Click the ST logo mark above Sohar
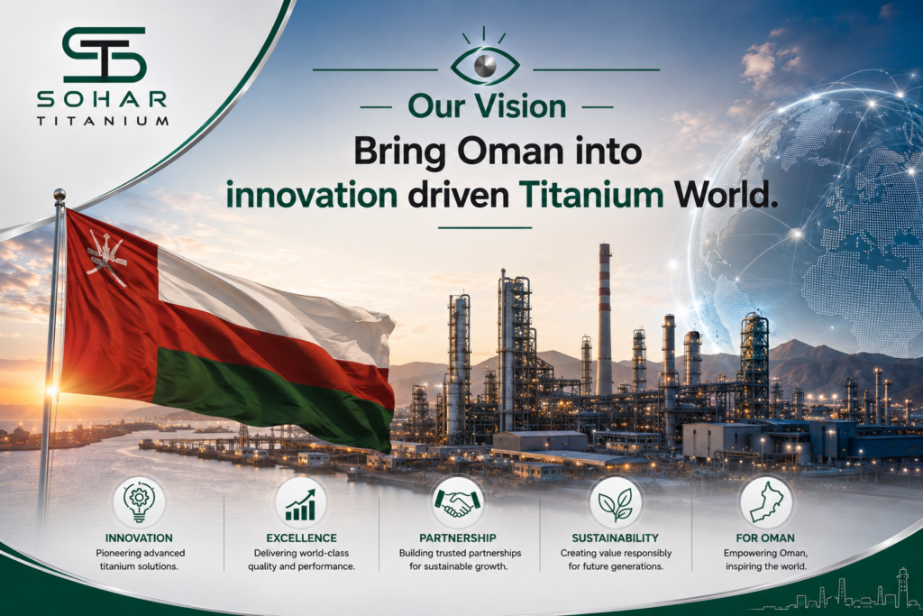pos(104,54)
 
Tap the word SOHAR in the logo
pos(102,99)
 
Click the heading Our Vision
pos(487,106)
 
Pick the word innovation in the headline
pos(312,195)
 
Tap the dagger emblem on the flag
pos(106,257)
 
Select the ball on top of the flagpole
pos(59,194)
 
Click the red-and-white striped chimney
pos(605,318)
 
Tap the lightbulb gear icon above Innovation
pos(139,502)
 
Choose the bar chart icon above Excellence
pos(301,505)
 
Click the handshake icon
pos(457,502)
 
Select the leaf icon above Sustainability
pos(615,503)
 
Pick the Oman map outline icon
pos(766,502)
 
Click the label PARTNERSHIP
pos(457,538)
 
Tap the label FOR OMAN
pos(765,538)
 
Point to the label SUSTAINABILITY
pos(615,538)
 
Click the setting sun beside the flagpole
pos(51,390)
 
